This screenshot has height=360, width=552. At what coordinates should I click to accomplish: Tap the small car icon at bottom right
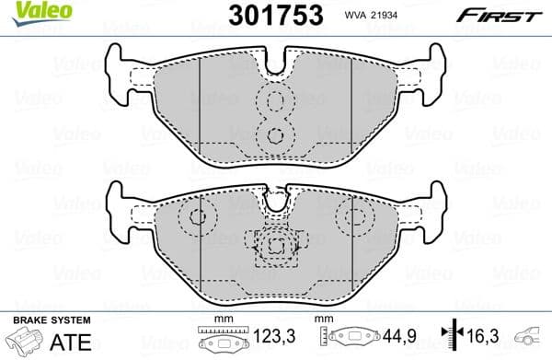coord(531,338)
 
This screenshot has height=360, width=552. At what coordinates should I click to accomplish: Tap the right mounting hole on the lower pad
coord(353,218)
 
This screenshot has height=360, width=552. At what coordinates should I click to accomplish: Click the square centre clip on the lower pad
coord(275,246)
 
